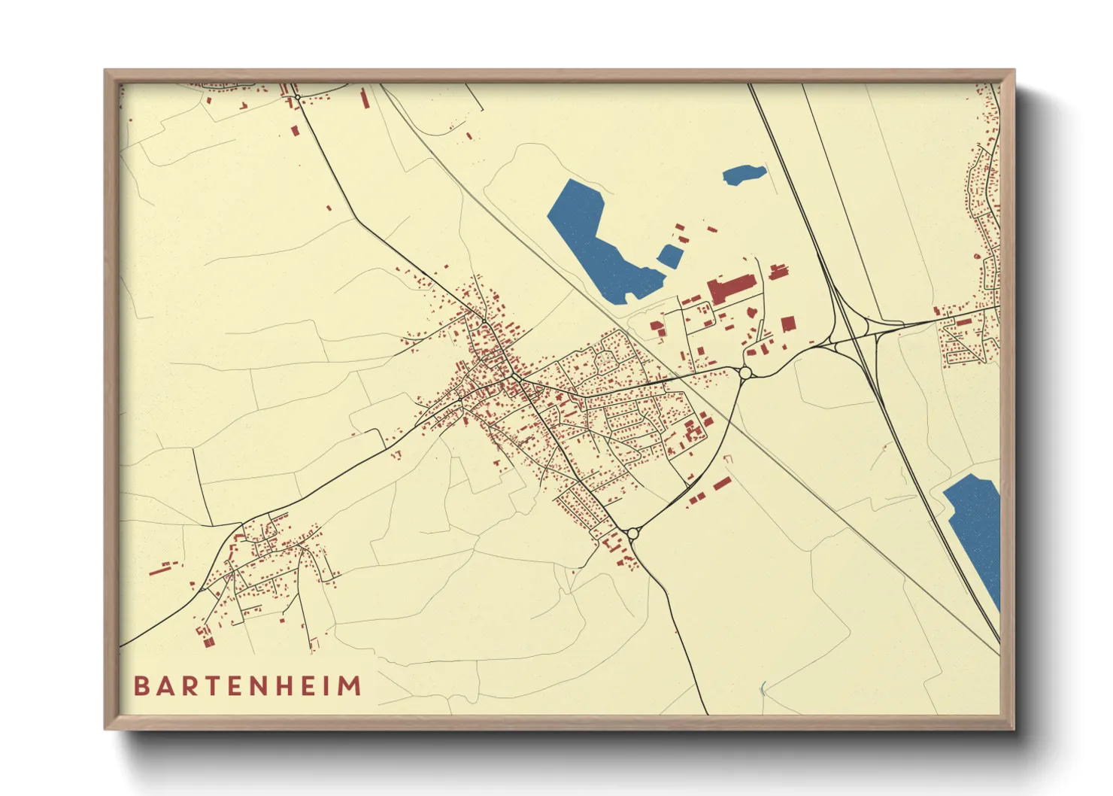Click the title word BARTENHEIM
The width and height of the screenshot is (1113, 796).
point(247,686)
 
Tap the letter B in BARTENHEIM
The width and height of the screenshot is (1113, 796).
point(141,686)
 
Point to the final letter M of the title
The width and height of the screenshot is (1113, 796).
point(352,686)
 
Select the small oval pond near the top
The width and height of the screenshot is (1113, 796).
point(744,175)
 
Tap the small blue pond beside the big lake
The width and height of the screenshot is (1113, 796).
point(669,256)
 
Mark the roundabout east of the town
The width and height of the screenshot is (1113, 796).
point(745,372)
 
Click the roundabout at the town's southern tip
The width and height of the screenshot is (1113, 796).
point(632,533)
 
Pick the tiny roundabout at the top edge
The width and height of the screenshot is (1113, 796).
point(298,97)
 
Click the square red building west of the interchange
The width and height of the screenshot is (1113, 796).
point(787,324)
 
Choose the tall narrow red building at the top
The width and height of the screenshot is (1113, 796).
point(365,99)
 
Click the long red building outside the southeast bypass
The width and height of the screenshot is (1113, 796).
point(722,483)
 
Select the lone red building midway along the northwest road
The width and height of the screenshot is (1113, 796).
point(329,208)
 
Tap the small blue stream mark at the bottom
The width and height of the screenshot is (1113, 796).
point(763,688)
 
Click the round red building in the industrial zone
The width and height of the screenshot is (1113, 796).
point(751,312)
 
